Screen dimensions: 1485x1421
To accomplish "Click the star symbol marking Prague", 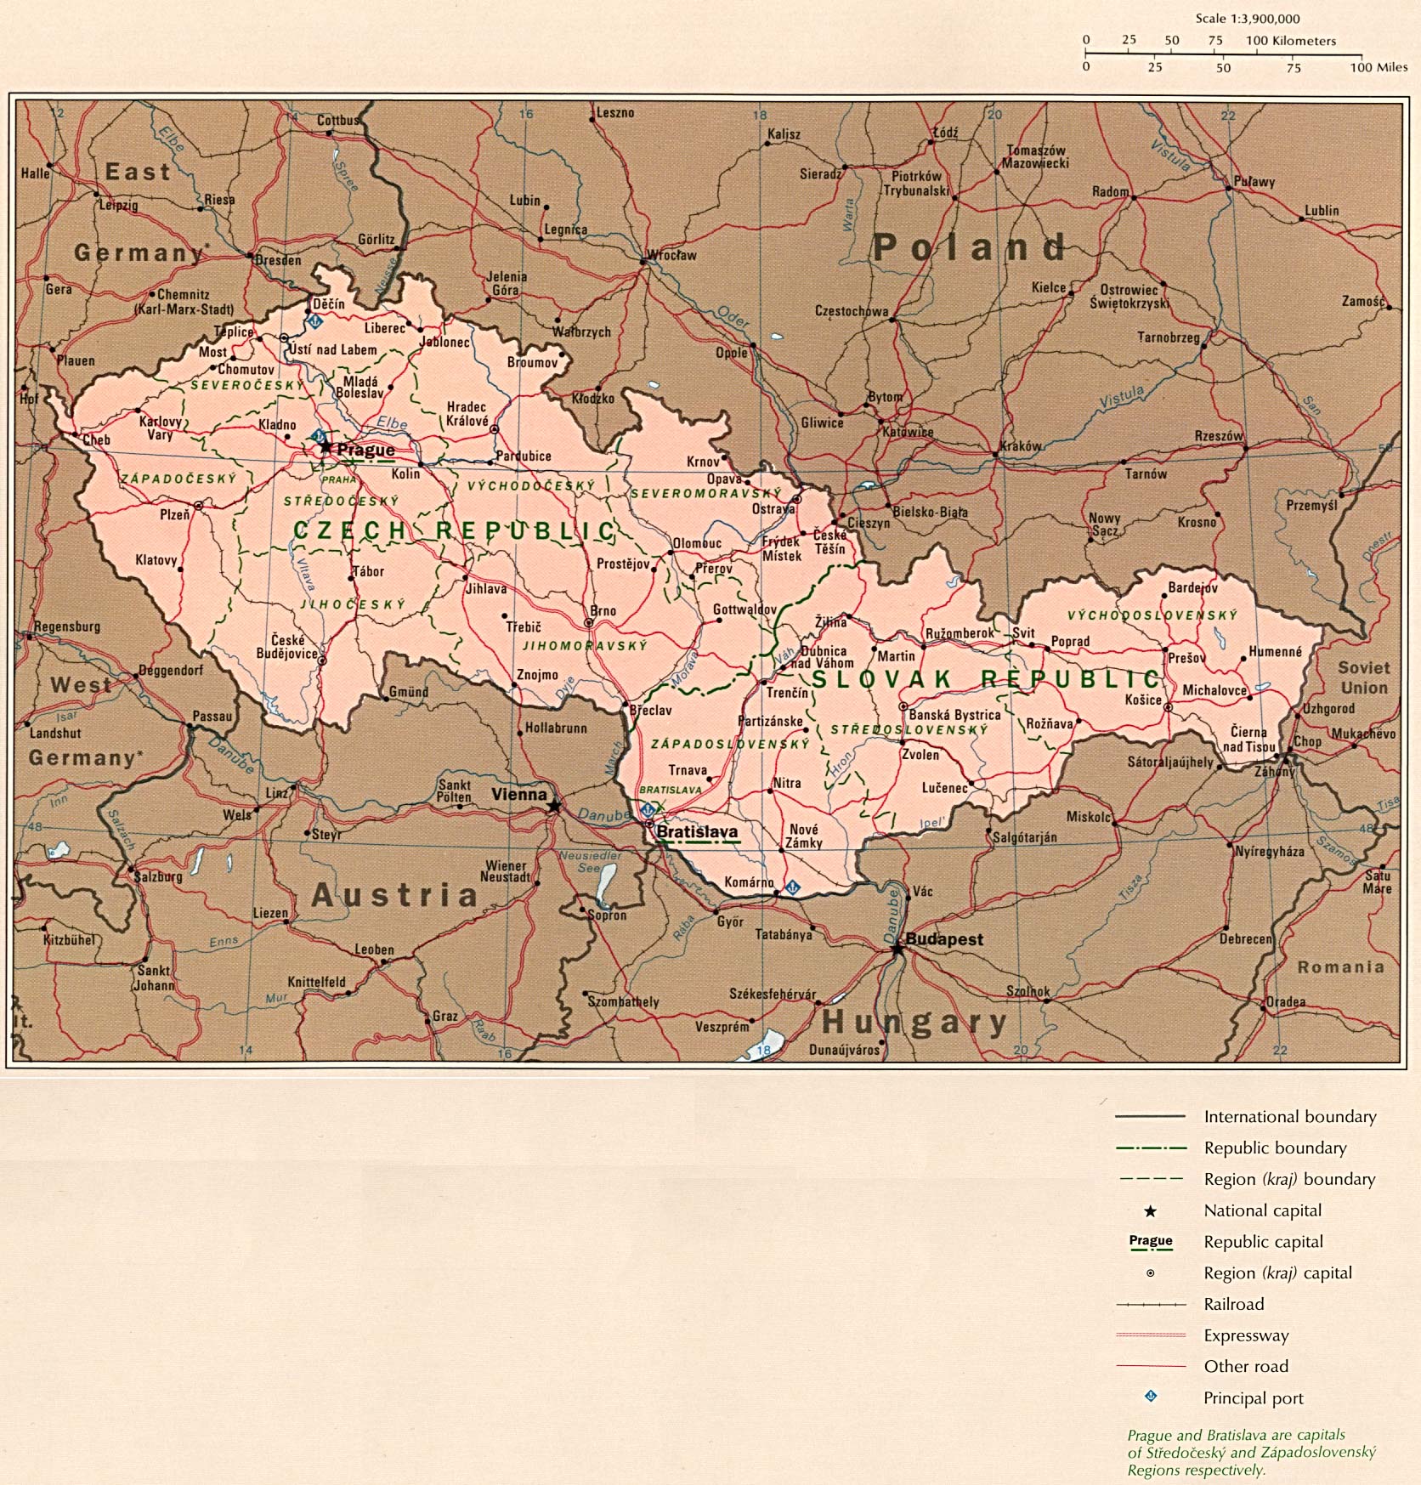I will click(x=325, y=446).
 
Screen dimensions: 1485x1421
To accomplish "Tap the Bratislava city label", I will click(x=697, y=832).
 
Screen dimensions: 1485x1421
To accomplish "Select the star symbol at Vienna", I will click(x=554, y=805).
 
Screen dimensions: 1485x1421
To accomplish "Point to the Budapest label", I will click(x=943, y=939).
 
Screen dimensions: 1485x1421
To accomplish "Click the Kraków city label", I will click(x=1021, y=445).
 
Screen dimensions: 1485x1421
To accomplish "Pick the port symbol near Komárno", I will click(x=791, y=887).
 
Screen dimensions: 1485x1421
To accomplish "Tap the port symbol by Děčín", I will click(x=314, y=321).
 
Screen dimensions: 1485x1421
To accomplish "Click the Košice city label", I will click(x=1142, y=700).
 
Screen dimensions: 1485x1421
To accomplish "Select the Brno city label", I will click(x=603, y=610).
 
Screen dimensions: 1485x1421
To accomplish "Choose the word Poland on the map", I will click(x=969, y=247).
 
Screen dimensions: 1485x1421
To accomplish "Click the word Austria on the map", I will click(x=395, y=895).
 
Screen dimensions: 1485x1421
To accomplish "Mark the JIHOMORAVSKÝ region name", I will click(x=585, y=646).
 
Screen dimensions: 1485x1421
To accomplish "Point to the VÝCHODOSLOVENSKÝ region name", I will click(x=1152, y=615).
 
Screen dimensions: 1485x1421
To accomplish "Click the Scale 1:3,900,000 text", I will click(x=1247, y=19).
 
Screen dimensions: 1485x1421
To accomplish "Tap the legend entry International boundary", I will click(x=1289, y=1117).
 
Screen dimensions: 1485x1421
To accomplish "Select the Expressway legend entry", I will click(x=1245, y=1335).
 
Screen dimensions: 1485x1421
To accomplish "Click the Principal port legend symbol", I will click(x=1151, y=1397).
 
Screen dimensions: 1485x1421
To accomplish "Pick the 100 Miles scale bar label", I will click(x=1379, y=67).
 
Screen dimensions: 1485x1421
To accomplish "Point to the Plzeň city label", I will click(x=174, y=514).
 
